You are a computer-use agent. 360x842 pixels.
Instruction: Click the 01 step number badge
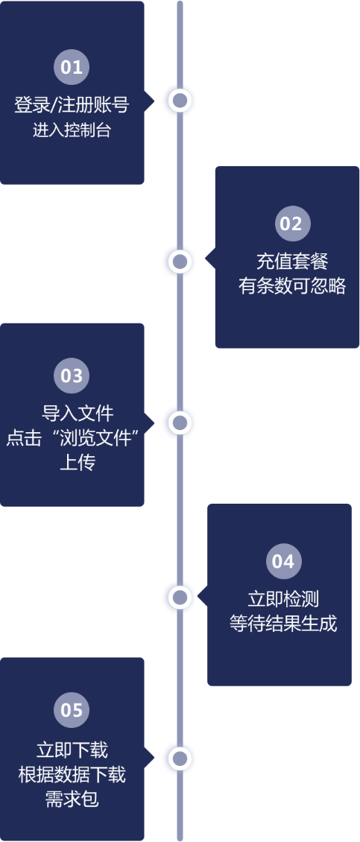72,67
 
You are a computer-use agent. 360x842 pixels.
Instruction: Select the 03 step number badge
72,376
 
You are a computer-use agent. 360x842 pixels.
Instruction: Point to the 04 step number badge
284,561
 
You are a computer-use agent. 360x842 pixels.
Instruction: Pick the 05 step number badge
72,710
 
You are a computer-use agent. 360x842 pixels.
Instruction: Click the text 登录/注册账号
72,104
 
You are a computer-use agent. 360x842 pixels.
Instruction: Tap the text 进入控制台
72,130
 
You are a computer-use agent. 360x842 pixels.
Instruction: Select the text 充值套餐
291,262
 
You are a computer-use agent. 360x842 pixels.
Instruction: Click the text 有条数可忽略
291,287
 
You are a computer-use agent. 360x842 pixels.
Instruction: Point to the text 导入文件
78,414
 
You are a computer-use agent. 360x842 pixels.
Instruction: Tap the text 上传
78,463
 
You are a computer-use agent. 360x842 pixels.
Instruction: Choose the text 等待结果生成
283,624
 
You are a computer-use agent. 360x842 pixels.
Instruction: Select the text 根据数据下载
72,775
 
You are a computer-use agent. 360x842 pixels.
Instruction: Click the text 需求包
72,800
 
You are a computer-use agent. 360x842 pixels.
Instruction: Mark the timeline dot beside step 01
180,101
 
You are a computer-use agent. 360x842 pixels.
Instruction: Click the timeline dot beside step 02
180,262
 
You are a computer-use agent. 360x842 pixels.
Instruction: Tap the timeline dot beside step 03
180,423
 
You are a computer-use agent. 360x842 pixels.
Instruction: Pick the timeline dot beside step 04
180,597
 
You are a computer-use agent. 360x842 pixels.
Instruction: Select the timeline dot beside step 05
180,759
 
